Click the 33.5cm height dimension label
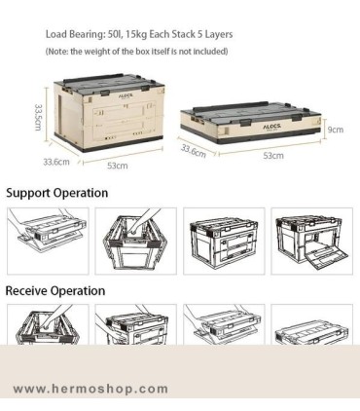[38, 117]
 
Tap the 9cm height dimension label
[336, 130]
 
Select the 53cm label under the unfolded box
[118, 166]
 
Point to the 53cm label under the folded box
[273, 156]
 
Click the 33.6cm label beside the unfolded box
[56, 162]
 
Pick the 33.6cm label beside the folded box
[194, 151]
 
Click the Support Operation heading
[57, 193]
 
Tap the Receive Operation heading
[55, 290]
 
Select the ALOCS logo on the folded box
[271, 127]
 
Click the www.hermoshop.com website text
[91, 389]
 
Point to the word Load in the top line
[55, 34]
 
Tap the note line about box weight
[136, 52]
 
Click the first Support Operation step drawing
[48, 242]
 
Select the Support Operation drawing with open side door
[312, 242]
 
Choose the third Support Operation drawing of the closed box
[224, 242]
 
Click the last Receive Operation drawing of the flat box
[312, 324]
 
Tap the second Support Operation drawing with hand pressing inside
[136, 242]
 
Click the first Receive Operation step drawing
[48, 324]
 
